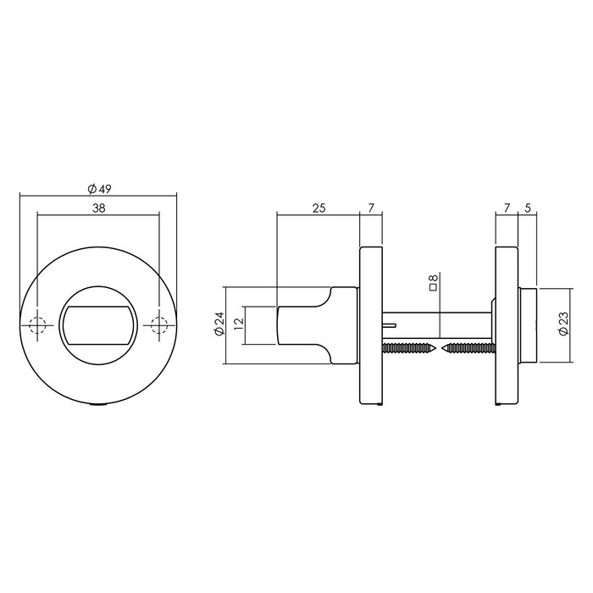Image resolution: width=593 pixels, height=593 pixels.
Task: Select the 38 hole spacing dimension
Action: [x=99, y=208]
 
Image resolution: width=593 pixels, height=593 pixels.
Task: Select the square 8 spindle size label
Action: [x=433, y=283]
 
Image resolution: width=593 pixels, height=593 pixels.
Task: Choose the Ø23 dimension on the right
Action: [x=563, y=325]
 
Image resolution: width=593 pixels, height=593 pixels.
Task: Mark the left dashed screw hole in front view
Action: [x=37, y=325]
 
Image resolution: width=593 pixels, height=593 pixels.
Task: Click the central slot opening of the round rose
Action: [x=98, y=325]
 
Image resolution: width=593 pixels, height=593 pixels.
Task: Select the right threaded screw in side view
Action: [x=466, y=347]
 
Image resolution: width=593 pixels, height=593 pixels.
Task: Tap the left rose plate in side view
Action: [x=370, y=325]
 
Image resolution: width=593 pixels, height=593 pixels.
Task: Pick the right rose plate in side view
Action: [x=506, y=325]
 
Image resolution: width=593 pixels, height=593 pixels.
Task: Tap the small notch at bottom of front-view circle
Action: [x=98, y=407]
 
